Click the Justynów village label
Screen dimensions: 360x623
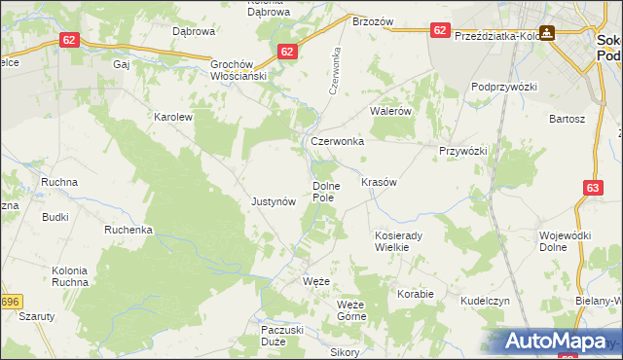pyautogui.click(x=274, y=202)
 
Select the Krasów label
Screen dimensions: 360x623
pyautogui.click(x=379, y=183)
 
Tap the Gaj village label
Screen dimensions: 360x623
pyautogui.click(x=122, y=64)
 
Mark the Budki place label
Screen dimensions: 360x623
pyautogui.click(x=55, y=217)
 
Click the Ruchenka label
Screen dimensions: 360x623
pyautogui.click(x=128, y=231)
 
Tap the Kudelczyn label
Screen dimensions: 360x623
pyautogui.click(x=486, y=302)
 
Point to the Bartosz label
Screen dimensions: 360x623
pyautogui.click(x=567, y=119)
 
